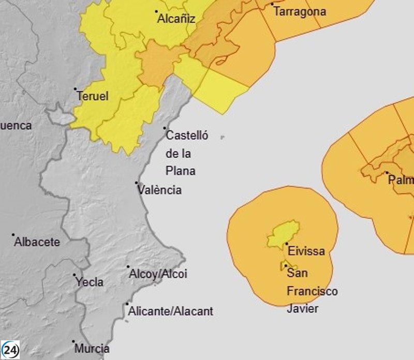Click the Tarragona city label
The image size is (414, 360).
click(x=300, y=11)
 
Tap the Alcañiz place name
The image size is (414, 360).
click(x=176, y=19)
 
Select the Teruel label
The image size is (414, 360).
click(x=93, y=96)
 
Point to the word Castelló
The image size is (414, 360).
click(x=187, y=136)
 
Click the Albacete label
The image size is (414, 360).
click(x=37, y=242)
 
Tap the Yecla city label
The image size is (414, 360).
click(x=90, y=282)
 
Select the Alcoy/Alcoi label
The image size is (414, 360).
click(x=158, y=274)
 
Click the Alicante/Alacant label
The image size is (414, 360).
click(x=170, y=311)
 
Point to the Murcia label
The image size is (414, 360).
click(x=92, y=349)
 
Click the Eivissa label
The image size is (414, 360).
click(x=306, y=251)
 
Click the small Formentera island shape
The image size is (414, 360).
click(x=285, y=266)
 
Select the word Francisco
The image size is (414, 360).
click(x=312, y=291)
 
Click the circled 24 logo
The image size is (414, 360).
click(x=10, y=350)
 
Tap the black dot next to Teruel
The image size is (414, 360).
click(x=75, y=89)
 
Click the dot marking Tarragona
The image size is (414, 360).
click(x=272, y=4)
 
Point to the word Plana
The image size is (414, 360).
click(x=181, y=171)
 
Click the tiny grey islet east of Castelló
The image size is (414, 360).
click(x=222, y=138)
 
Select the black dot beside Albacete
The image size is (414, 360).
click(x=13, y=234)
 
